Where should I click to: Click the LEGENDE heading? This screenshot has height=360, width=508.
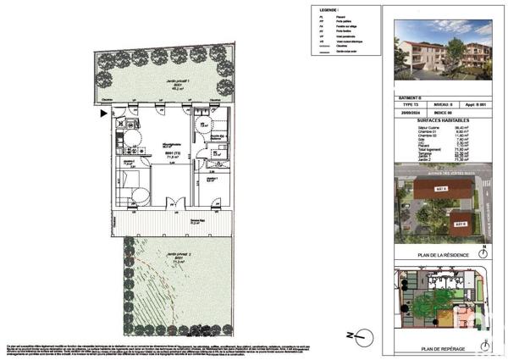[x=321, y=15]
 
